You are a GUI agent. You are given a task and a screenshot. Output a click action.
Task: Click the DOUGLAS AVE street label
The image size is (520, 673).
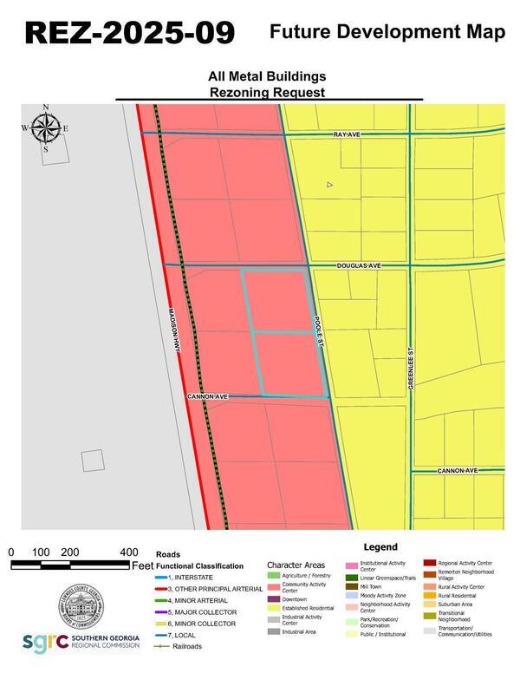(x=359, y=265)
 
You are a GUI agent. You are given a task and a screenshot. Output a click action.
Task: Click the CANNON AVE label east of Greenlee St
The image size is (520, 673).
(x=457, y=471)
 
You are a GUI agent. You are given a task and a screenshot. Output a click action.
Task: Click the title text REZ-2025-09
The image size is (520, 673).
(x=130, y=33)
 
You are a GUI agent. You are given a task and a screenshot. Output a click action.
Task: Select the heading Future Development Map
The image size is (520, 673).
(x=387, y=32)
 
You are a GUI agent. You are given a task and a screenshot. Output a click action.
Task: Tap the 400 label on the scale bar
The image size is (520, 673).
(x=129, y=552)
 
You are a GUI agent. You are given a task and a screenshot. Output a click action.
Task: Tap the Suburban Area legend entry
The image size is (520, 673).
(x=455, y=604)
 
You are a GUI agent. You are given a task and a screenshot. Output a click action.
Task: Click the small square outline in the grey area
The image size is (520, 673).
(x=93, y=461)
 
